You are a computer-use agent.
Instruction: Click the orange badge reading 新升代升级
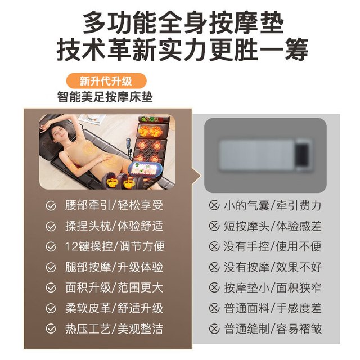pos(106,80)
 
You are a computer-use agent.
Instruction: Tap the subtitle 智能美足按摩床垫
pos(105,97)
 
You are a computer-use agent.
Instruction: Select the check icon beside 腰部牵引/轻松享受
pos(51,206)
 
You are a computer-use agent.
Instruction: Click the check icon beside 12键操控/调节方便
pos(51,247)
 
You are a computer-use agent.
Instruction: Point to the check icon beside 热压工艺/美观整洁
pos(51,328)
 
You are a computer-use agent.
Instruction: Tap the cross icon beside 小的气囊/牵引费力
pos(214,205)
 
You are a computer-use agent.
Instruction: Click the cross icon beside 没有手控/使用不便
pos(214,246)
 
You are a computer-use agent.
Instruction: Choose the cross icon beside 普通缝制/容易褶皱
pos(214,328)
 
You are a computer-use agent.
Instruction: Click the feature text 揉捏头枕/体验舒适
pos(114,226)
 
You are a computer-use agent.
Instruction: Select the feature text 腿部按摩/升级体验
pos(114,267)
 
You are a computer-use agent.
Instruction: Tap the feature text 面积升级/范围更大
pos(114,287)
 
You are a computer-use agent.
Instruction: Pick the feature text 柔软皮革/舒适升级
pos(114,308)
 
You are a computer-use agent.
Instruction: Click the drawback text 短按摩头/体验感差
pos(272,226)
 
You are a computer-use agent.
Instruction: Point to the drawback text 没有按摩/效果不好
pos(272,267)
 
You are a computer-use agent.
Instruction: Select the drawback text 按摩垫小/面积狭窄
pos(272,287)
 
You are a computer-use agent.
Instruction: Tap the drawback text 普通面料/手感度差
pos(272,308)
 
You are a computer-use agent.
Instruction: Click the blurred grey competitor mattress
pos(266,155)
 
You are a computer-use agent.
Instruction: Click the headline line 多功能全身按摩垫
pos(183,24)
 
